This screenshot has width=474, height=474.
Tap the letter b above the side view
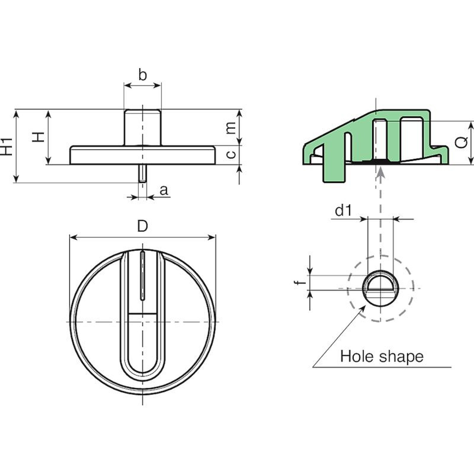click(142, 75)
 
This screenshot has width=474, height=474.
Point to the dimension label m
click(231, 127)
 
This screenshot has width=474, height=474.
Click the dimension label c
click(231, 154)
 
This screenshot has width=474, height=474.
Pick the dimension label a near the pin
click(164, 190)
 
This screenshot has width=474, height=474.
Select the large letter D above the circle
click(142, 227)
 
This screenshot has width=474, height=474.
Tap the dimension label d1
click(343, 211)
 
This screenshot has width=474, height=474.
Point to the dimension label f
click(302, 282)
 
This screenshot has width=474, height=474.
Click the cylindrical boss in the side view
click(142, 127)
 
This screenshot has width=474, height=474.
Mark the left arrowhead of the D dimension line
click(72, 237)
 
